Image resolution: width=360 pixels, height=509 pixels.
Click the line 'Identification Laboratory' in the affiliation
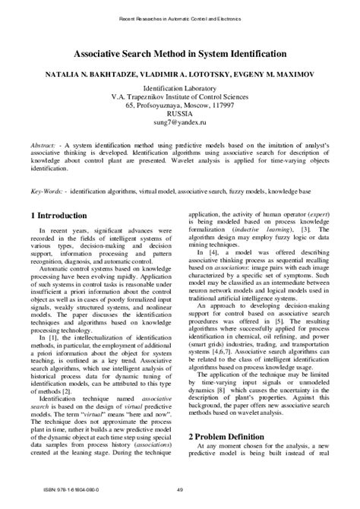pos(180,88)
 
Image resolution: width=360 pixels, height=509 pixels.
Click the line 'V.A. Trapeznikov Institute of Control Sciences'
pos(180,96)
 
